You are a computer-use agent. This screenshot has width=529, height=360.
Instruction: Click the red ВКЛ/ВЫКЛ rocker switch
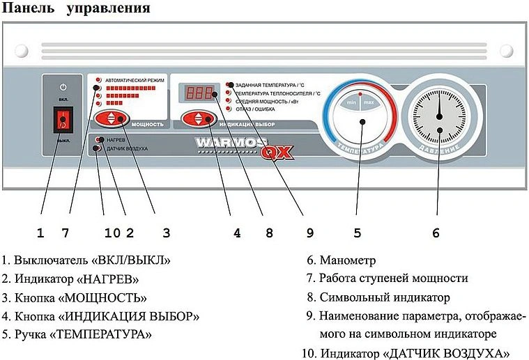coord(63,122)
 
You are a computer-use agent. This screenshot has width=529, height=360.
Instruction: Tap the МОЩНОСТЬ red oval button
coord(114,118)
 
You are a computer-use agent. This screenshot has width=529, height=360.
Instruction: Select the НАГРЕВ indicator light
coord(100,140)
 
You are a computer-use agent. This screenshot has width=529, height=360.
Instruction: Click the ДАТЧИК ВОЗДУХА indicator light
coord(100,148)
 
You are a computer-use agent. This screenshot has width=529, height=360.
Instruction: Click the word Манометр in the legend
coord(348,261)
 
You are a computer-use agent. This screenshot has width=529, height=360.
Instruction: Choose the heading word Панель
coord(29,9)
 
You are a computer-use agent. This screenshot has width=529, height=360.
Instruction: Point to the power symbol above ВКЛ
coord(63,87)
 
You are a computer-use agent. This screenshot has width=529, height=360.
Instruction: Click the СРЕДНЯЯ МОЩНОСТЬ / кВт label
coord(273,101)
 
